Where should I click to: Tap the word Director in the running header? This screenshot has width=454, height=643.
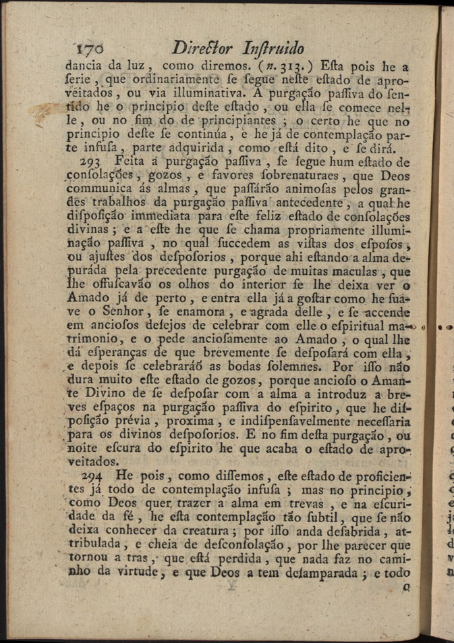[x=202, y=47]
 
